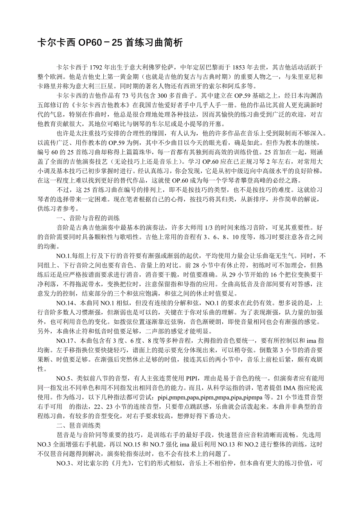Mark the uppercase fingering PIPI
click(x=193, y=378)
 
